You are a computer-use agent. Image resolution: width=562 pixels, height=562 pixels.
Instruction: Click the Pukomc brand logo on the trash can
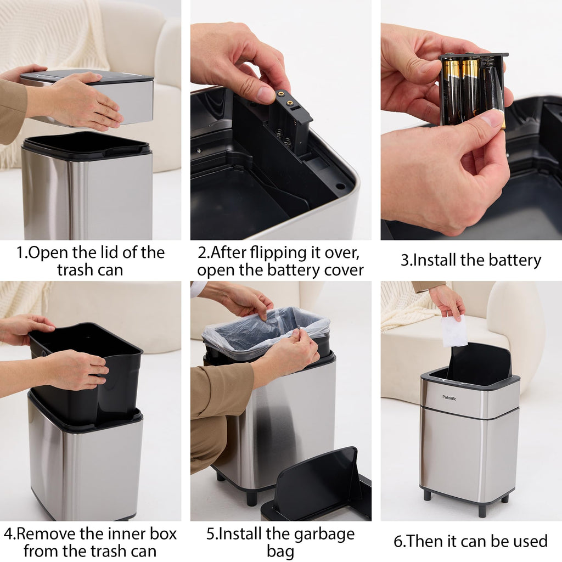(x=449, y=398)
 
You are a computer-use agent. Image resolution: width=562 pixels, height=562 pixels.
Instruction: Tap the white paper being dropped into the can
(x=454, y=331)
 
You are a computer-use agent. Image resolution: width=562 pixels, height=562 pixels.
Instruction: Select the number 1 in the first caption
(x=20, y=253)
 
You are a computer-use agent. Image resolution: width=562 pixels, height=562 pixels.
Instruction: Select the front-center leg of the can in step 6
(x=482, y=510)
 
